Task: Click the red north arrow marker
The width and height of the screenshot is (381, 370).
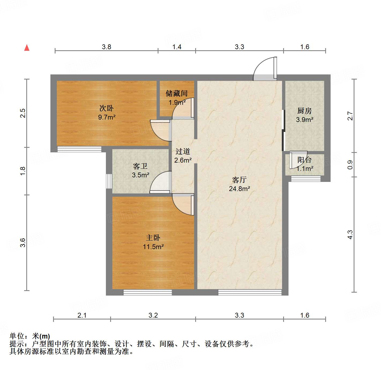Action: click(27, 48)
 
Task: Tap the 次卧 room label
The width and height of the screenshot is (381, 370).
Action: click(106, 108)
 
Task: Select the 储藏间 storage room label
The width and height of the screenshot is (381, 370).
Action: click(176, 94)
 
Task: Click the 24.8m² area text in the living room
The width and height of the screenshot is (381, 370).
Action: click(239, 189)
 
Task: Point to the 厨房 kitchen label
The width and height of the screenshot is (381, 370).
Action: click(304, 111)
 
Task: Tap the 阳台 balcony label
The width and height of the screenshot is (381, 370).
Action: click(304, 160)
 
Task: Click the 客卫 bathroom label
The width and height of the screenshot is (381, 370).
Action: click(140, 167)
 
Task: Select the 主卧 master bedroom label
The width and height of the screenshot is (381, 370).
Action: click(153, 238)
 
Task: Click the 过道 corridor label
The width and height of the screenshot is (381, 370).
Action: click(183, 152)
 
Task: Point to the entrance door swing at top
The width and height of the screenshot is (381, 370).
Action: click(265, 69)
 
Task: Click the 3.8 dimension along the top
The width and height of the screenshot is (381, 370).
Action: click(106, 47)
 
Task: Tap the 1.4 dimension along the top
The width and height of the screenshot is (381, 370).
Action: click(177, 47)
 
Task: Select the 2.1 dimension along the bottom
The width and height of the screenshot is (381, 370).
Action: click(82, 315)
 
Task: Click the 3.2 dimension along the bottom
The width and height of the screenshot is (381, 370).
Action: click(153, 315)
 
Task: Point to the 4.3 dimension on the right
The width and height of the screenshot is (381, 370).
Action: click(350, 234)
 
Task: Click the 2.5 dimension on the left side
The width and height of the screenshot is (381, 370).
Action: click(23, 113)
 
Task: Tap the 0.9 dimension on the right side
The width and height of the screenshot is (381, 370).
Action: click(350, 164)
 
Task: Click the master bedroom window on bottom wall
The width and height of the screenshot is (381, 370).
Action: click(147, 292)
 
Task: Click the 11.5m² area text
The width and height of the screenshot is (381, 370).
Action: click(153, 247)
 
